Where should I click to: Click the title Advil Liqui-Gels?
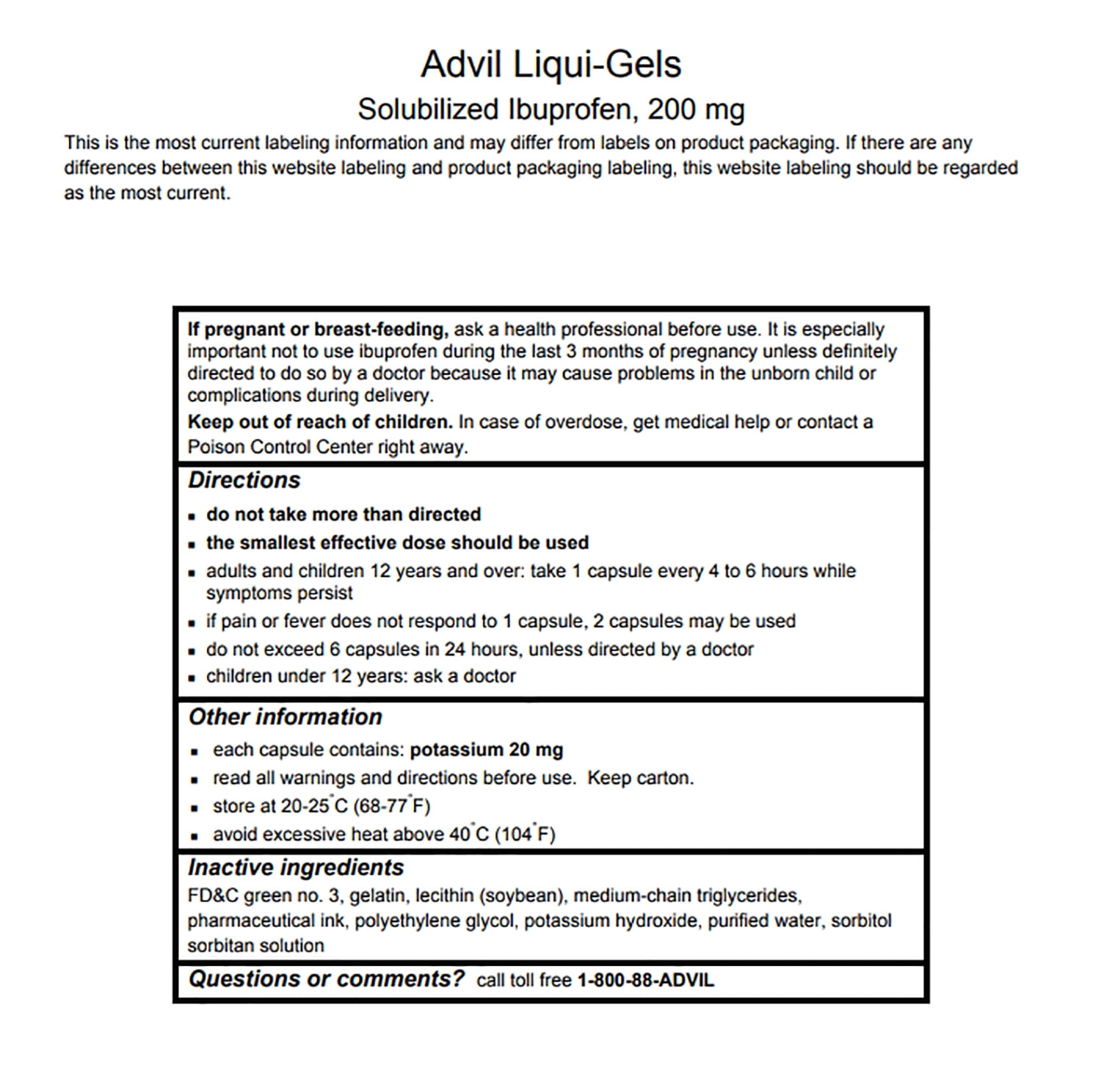pos(550,65)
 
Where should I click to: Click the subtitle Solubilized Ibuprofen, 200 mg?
pos(550,109)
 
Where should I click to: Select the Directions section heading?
pos(244,480)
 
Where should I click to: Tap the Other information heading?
pos(286,717)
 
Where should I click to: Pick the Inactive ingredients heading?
pos(296,868)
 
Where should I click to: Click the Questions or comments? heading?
pos(327,979)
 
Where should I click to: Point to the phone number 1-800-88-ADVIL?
pos(645,981)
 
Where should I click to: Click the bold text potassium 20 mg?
pos(487,750)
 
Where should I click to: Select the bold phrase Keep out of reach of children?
pos(320,422)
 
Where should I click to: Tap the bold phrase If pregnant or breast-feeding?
pos(318,330)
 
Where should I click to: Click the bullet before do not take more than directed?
pos(192,516)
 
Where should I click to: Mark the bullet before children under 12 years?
pos(192,677)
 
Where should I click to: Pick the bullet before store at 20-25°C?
pos(195,807)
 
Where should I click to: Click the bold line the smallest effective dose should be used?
pos(397,543)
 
